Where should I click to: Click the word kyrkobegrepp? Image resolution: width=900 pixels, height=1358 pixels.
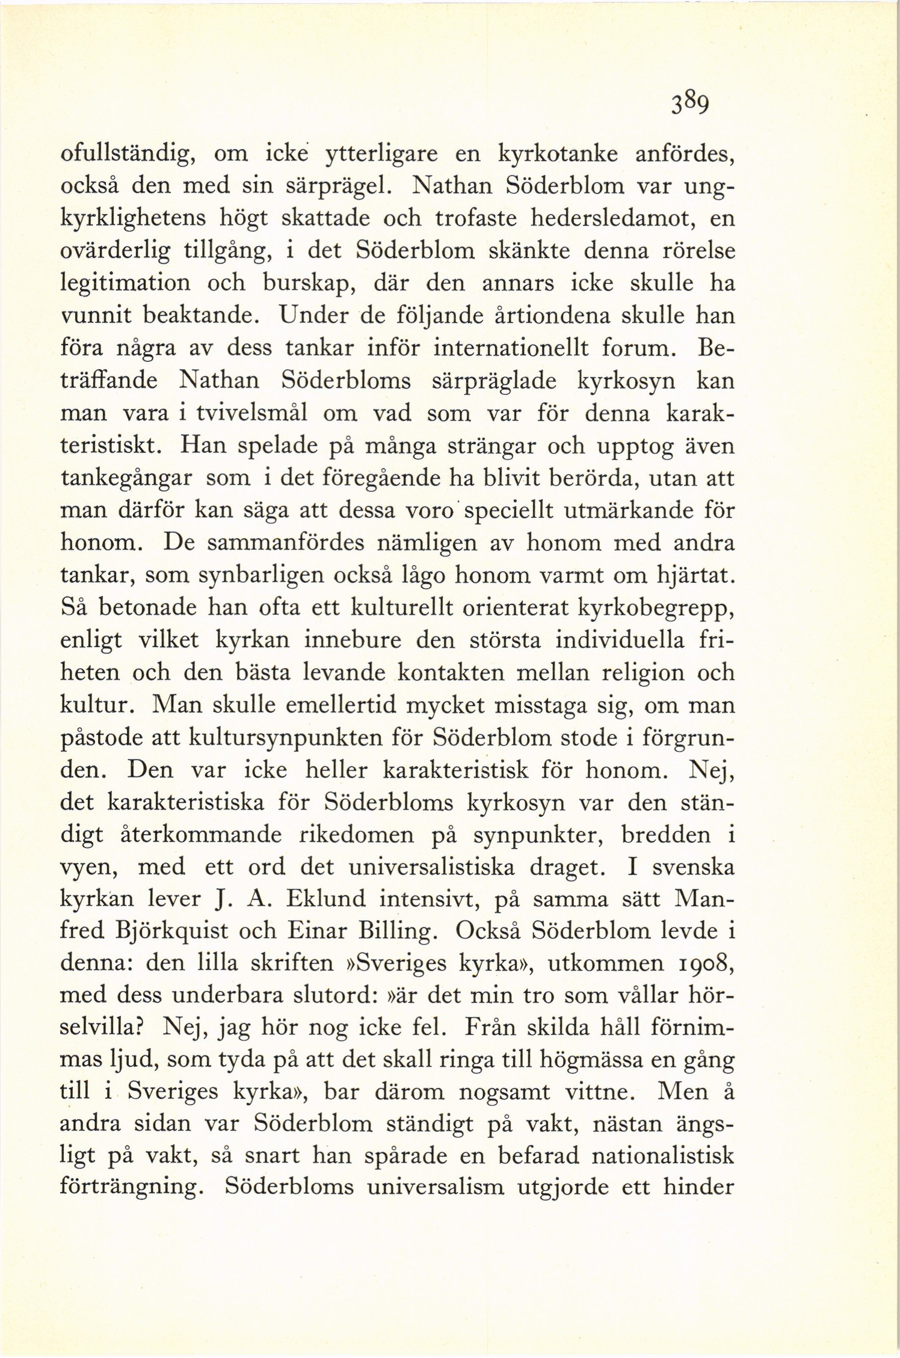655,609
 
